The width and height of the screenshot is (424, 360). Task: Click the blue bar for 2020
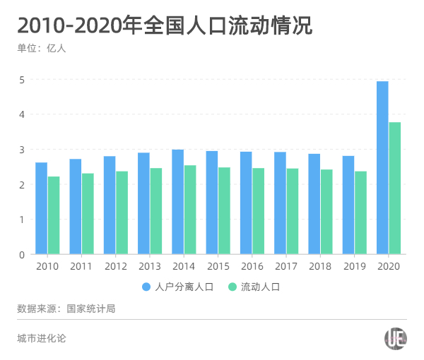(382, 167)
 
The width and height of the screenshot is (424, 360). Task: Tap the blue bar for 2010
(41, 208)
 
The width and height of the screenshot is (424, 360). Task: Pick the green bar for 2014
(190, 210)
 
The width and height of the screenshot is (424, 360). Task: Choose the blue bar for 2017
(280, 203)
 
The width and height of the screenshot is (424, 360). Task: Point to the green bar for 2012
(122, 212)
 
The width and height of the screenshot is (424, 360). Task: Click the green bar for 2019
(360, 212)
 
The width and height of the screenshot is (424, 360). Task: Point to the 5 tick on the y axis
(22, 80)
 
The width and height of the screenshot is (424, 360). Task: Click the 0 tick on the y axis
(22, 254)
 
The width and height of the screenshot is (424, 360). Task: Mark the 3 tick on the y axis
(22, 150)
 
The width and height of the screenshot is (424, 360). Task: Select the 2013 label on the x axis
(150, 267)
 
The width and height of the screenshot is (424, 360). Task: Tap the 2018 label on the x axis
(320, 267)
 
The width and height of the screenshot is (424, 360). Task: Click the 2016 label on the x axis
(252, 267)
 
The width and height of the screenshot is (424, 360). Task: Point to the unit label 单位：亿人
(42, 49)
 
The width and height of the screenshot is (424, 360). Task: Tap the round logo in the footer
(395, 338)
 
